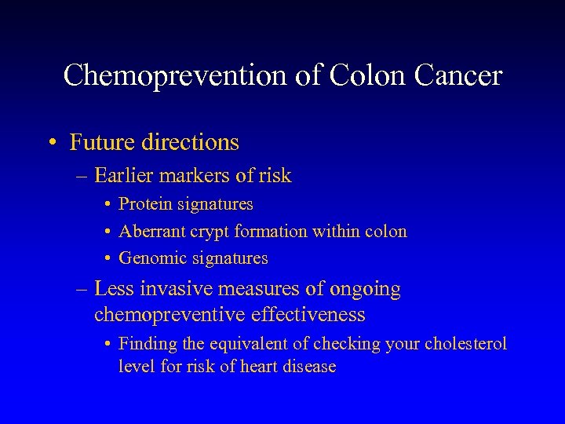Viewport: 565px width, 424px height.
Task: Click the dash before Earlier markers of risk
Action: pyautogui.click(x=82, y=176)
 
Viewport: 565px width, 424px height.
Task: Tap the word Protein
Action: pyautogui.click(x=146, y=204)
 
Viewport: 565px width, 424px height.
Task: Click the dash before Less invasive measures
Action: pyautogui.click(x=82, y=290)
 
